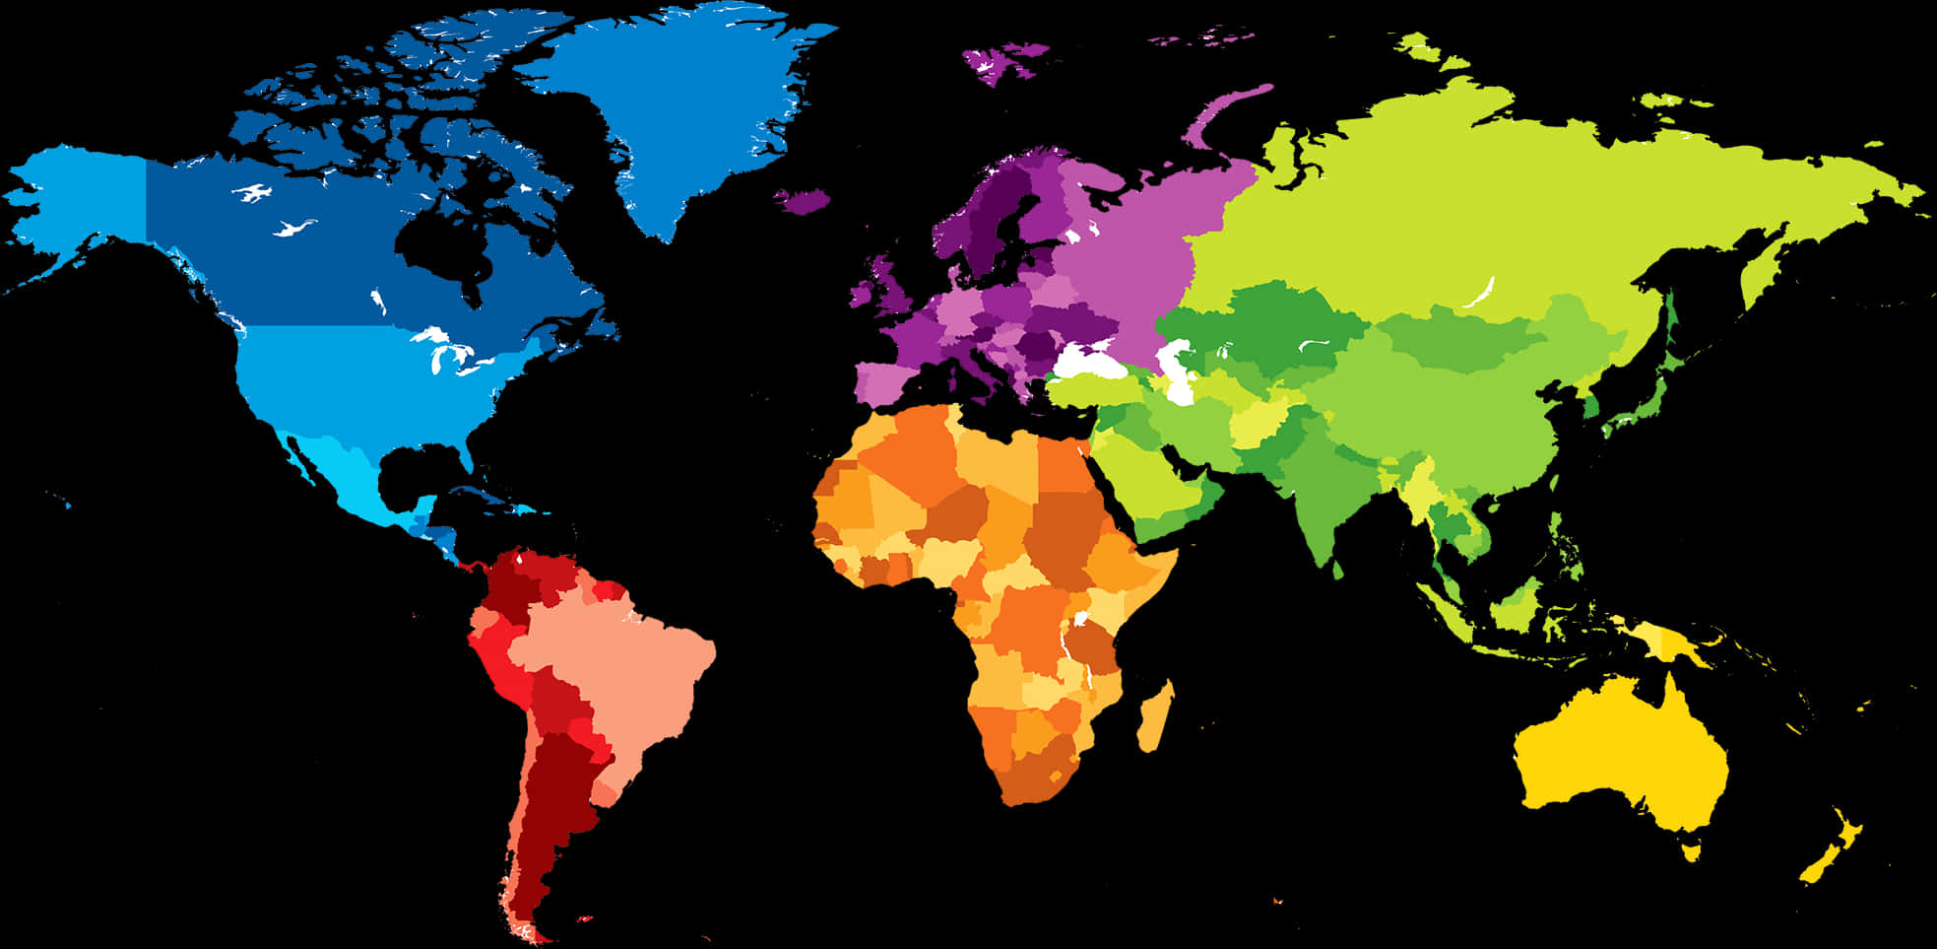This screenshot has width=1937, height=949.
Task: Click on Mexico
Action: [x=345, y=473]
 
